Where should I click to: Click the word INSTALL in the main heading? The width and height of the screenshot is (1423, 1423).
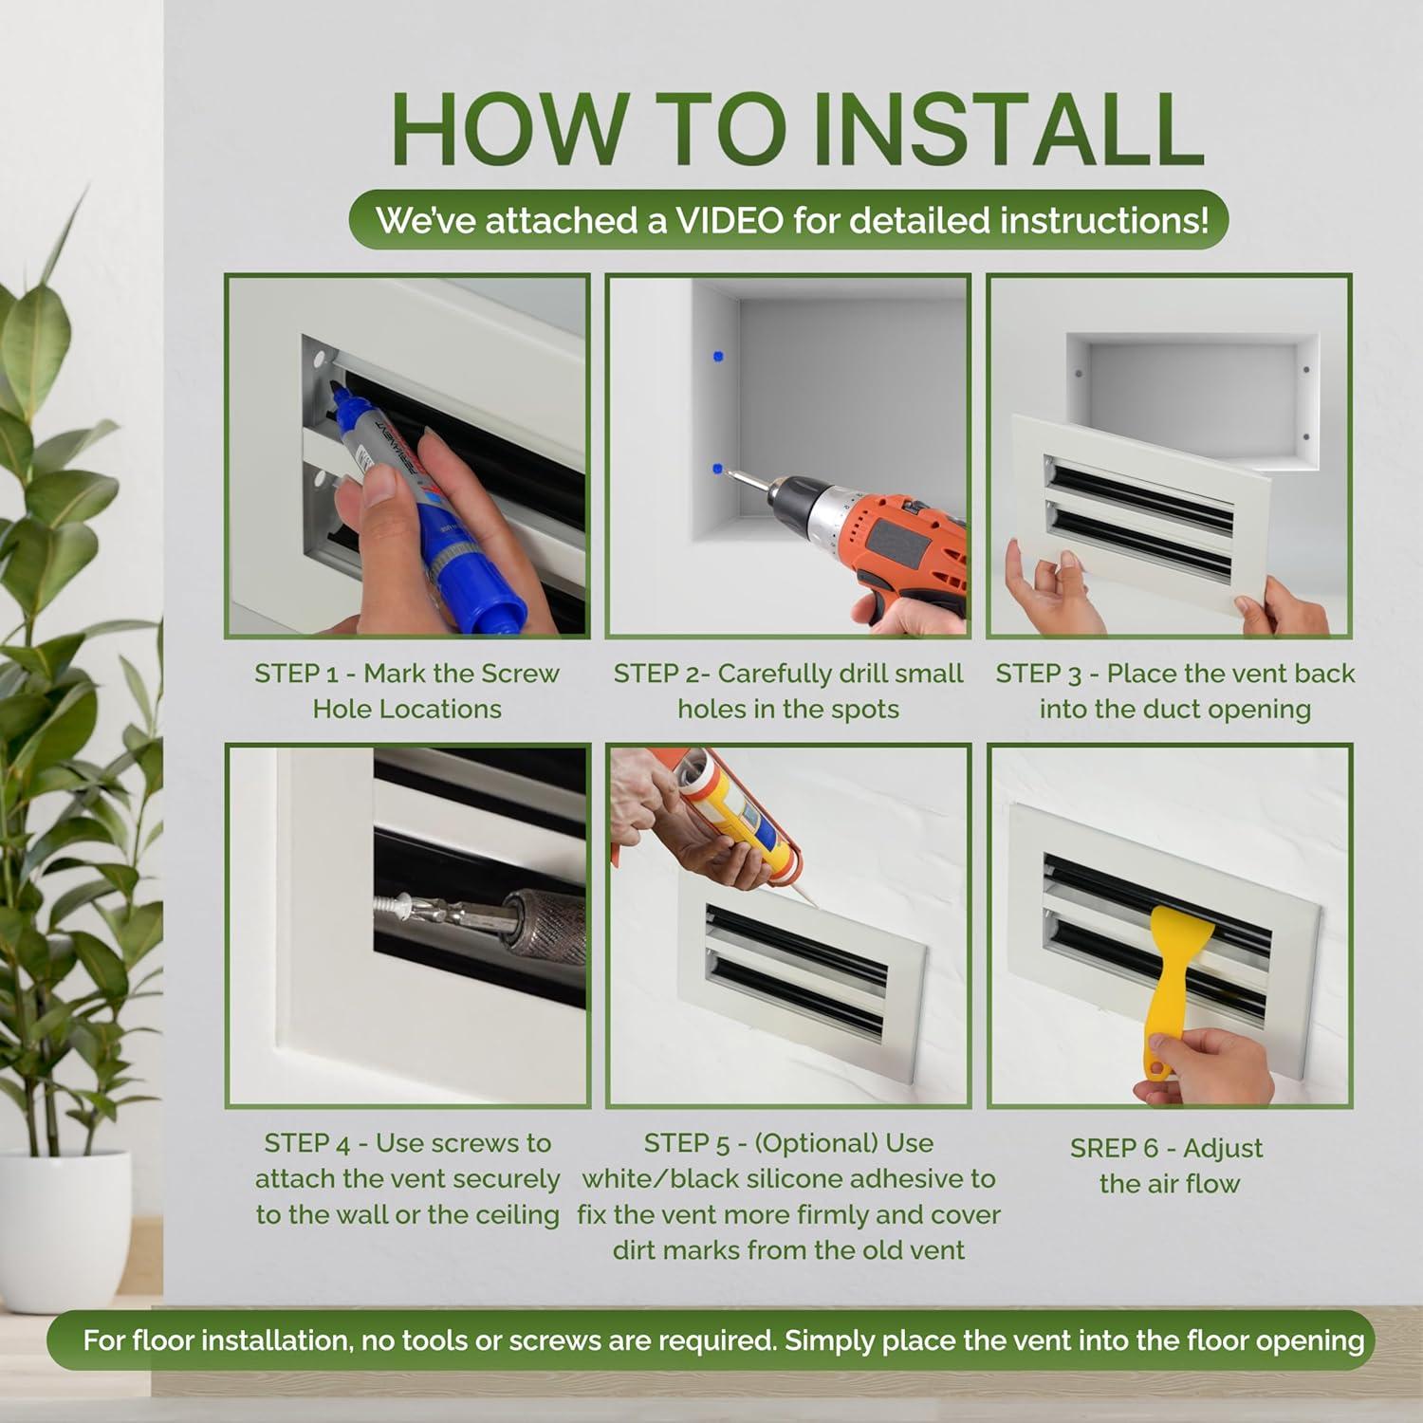(x=1009, y=129)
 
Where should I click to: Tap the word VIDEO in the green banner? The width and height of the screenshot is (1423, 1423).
(x=730, y=220)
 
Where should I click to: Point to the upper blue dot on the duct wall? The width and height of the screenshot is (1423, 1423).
(x=717, y=357)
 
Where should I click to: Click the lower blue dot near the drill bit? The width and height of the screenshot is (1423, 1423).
(x=717, y=469)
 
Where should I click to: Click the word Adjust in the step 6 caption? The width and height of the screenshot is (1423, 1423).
(x=1223, y=1150)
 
